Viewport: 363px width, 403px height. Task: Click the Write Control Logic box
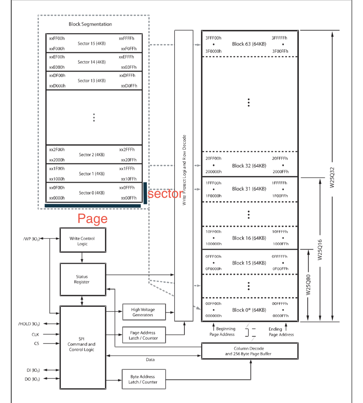[82, 241]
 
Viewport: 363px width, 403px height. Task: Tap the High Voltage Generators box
[143, 312]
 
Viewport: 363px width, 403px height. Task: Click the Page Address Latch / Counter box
[143, 335]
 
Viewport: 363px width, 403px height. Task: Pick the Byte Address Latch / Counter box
[143, 379]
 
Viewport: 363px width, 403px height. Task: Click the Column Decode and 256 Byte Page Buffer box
[249, 351]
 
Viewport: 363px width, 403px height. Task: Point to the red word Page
[92, 219]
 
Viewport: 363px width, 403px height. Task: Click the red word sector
[165, 194]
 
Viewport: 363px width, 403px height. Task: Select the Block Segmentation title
[90, 24]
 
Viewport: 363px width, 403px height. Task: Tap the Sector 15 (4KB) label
[92, 44]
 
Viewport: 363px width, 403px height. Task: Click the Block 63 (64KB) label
[249, 44]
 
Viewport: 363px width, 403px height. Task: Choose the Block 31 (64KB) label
[249, 189]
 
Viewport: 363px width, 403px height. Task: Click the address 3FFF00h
[213, 38]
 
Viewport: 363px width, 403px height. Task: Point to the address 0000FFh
[280, 316]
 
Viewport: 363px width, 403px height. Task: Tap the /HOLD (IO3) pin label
[29, 324]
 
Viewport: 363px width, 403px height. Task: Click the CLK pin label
[35, 335]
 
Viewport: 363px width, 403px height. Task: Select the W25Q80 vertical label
[308, 285]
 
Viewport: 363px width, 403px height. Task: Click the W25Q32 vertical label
[332, 177]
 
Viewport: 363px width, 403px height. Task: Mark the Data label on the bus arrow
[150, 359]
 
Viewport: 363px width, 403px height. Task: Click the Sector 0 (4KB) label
[92, 193]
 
